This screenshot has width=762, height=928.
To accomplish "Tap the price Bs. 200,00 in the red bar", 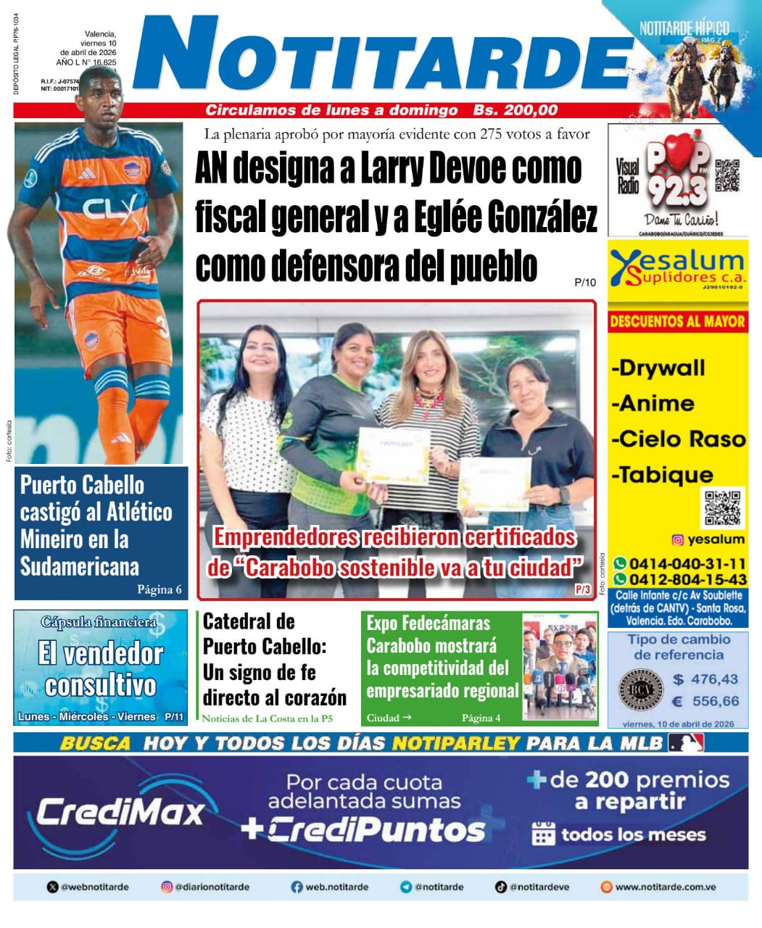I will pyautogui.click(x=515, y=110).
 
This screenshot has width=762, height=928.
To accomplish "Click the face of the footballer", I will pyautogui.click(x=102, y=98).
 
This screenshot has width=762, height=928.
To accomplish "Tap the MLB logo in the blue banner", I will pyautogui.click(x=686, y=743).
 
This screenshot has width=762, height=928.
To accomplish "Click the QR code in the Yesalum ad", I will pyautogui.click(x=723, y=507).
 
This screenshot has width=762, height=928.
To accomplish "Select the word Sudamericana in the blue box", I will pyautogui.click(x=80, y=566).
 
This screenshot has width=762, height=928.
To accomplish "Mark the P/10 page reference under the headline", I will pyautogui.click(x=584, y=283).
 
